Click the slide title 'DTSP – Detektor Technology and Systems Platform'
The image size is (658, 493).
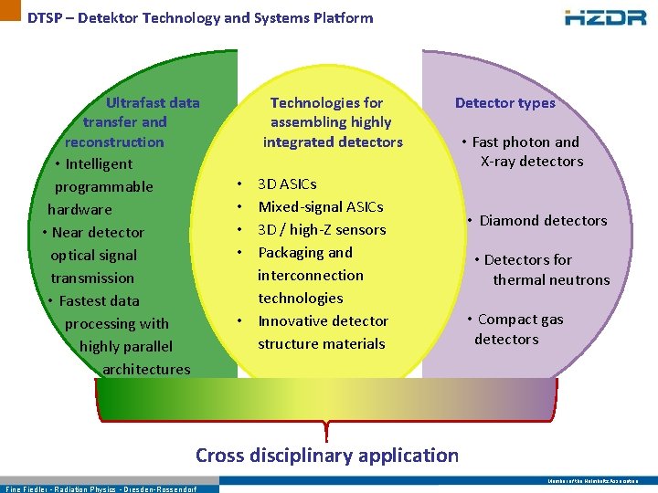pos(200,17)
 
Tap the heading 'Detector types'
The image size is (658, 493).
pos(505,103)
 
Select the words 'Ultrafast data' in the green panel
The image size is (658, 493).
pos(153,102)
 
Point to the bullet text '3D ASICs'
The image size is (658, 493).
pos(287,184)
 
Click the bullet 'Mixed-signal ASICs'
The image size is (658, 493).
pos(321,207)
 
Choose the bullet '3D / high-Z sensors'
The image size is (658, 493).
pos(322,230)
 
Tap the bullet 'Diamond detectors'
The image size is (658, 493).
pos(543,220)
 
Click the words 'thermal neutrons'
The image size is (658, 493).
pos(551,279)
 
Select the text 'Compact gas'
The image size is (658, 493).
pos(520,320)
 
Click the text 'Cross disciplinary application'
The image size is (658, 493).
pos(327,455)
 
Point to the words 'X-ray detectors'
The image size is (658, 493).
pos(532,162)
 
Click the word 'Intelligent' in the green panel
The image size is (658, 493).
pos(99,164)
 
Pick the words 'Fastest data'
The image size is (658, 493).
pos(100,301)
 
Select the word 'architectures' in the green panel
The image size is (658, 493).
pos(146,369)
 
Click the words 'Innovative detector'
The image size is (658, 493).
pos(323,321)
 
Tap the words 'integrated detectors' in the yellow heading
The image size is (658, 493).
pos(333,142)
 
